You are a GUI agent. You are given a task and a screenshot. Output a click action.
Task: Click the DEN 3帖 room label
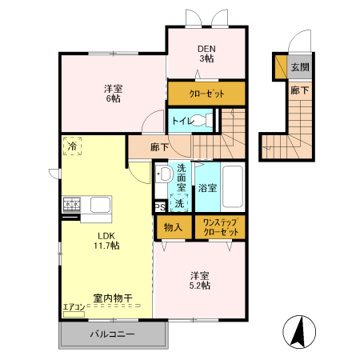point(206,53)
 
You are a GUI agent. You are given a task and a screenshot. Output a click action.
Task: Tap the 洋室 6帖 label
point(112,93)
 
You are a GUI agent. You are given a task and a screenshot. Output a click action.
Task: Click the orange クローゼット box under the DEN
point(206,94)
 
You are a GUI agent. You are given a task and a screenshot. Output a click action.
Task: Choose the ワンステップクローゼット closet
point(221,226)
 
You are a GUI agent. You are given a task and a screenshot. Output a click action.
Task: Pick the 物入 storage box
point(173,226)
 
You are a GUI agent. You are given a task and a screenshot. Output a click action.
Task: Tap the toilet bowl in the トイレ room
point(206,122)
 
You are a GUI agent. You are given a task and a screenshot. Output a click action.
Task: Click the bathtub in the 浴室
point(234,188)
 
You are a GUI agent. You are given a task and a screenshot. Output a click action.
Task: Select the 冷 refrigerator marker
point(74,147)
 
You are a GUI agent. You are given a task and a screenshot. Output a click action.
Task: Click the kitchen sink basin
point(100,205)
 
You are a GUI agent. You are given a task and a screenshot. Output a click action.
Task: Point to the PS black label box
point(160,206)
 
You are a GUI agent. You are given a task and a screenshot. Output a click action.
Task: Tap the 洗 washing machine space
point(180,203)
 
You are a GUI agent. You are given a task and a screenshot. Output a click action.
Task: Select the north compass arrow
point(298,331)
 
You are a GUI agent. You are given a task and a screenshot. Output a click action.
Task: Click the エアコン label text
point(73,307)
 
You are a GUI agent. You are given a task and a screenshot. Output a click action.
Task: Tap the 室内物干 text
point(112,298)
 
